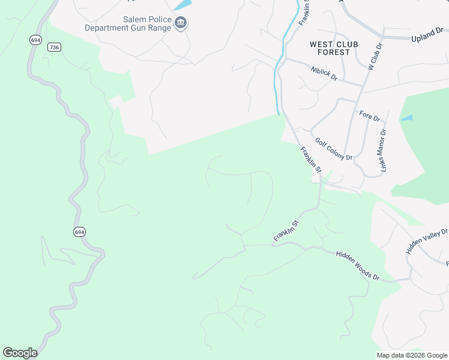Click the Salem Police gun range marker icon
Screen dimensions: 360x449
pos(181,23)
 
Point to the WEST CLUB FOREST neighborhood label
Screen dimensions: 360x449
pos(330,48)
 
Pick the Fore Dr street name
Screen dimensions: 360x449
pos(370,115)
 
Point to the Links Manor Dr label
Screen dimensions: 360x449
pos(383,152)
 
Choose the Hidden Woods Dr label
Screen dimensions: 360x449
pos(358,266)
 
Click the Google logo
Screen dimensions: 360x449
pos(20,353)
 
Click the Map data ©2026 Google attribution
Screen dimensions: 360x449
pos(412,355)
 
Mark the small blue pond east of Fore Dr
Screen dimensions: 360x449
pos(407,118)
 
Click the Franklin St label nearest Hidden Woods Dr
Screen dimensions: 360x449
pos(286,231)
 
